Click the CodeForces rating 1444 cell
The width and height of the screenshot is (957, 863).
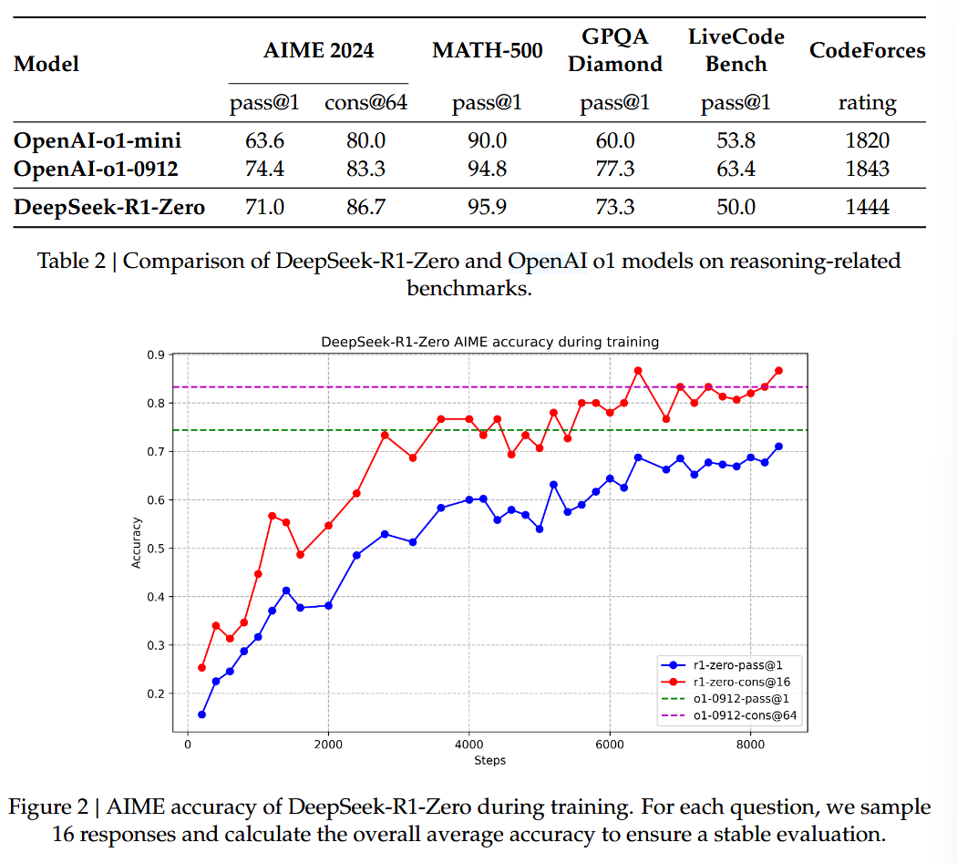tap(867, 208)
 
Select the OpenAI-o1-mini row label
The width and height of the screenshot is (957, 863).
tap(98, 140)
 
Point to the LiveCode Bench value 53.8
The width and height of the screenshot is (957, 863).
tap(735, 140)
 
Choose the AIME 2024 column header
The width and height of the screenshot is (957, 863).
tap(317, 50)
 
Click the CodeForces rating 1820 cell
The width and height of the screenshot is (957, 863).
tap(867, 140)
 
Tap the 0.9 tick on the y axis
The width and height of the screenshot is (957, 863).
tap(157, 354)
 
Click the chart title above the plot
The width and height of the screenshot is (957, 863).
tap(489, 342)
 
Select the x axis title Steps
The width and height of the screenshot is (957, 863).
tap(489, 760)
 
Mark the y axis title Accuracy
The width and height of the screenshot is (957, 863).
tap(137, 542)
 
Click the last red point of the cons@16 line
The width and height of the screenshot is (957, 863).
tap(778, 371)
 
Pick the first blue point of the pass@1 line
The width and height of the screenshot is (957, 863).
tap(201, 714)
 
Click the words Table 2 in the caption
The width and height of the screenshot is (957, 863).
tap(72, 262)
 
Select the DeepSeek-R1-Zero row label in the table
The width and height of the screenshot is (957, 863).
tap(109, 208)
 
